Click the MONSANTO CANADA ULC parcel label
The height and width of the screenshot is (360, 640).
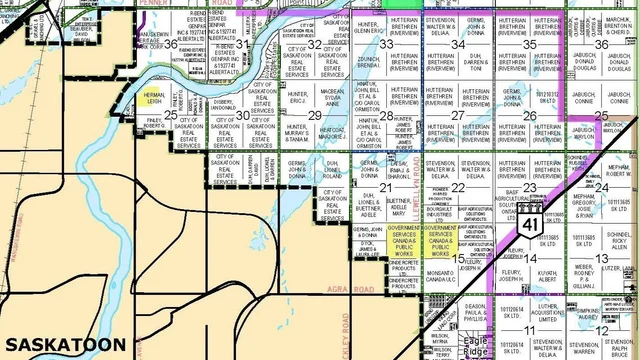(x=442, y=272)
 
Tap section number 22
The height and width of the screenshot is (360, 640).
(x=457, y=186)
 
